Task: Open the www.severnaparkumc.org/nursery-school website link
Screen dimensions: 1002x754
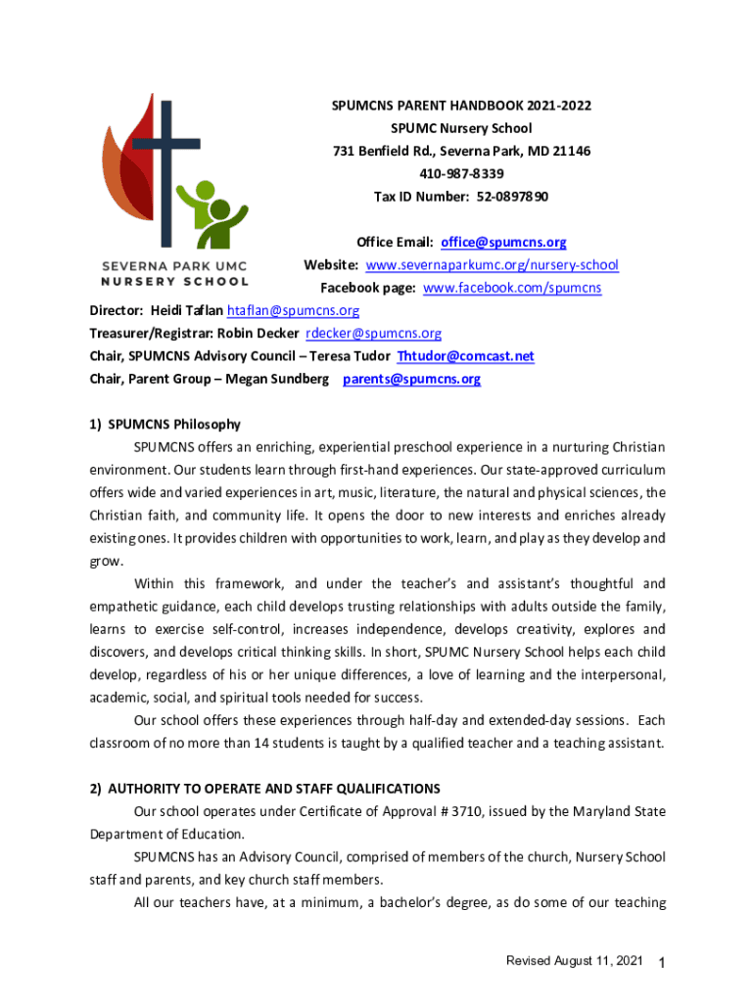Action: [x=492, y=265]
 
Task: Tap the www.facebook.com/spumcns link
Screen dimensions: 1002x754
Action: [x=512, y=288]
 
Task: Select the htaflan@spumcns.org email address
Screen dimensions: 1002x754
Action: [x=293, y=311]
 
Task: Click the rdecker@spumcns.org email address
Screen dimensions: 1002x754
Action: [x=374, y=334]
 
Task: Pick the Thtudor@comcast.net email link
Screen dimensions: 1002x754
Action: [x=465, y=356]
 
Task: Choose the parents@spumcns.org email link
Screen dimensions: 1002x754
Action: [x=411, y=379]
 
